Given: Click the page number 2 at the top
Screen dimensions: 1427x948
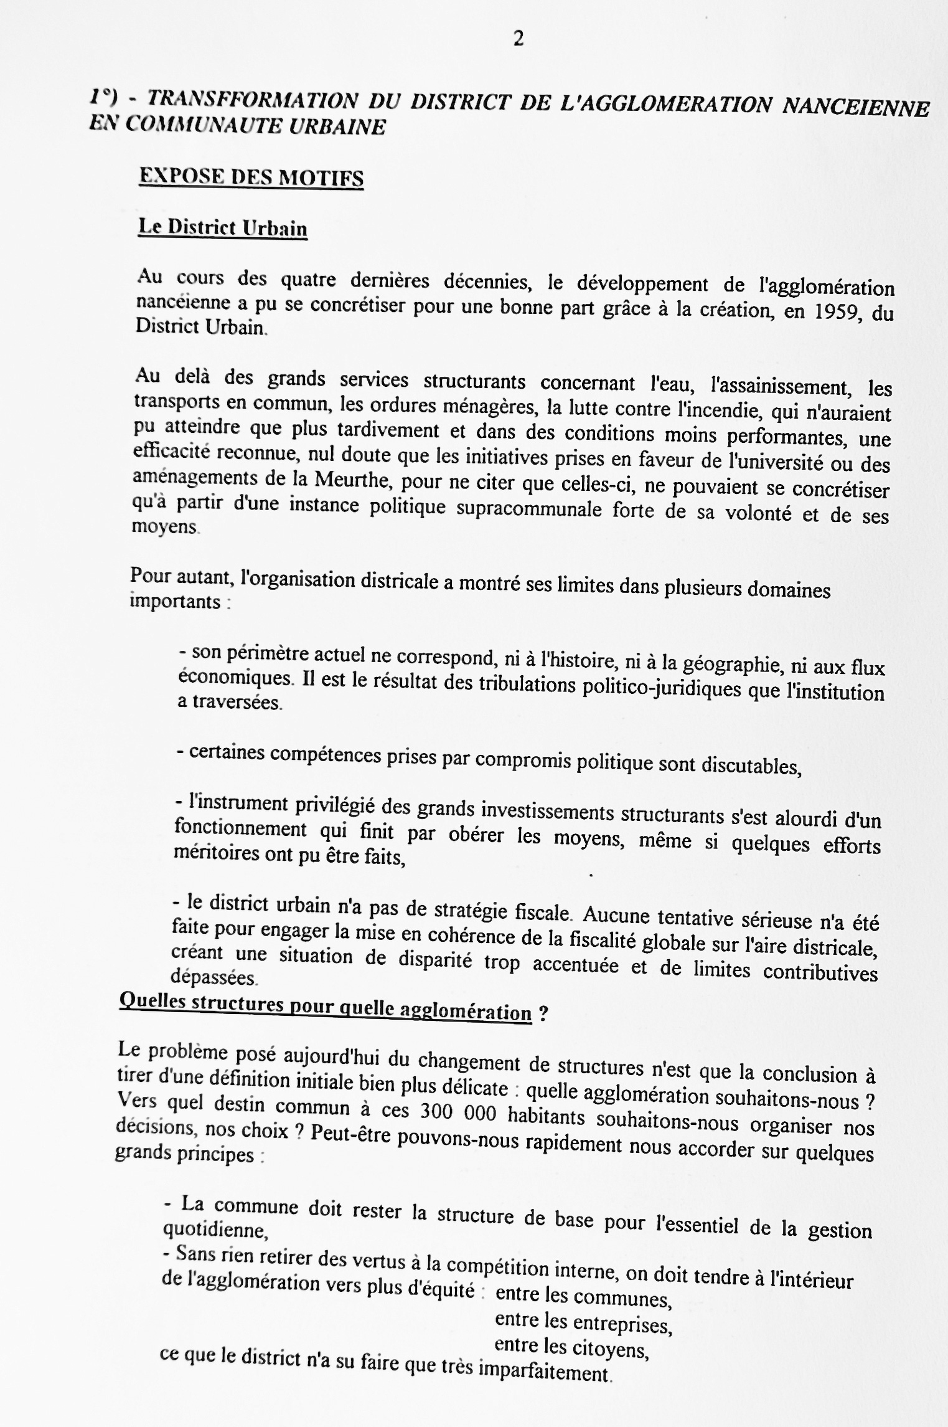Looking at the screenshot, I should click(518, 39).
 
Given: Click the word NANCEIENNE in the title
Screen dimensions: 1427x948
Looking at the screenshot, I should click(855, 107).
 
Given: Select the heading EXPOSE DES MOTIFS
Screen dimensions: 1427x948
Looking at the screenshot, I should click(251, 178).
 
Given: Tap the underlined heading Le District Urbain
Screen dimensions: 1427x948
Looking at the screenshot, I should click(223, 227).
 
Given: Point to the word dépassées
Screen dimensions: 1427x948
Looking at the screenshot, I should click(213, 977).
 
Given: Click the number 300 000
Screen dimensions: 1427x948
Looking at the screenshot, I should click(458, 1109).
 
